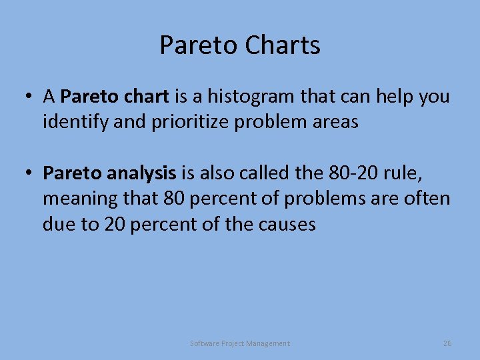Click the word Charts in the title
283,45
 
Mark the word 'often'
429,199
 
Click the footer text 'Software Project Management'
240,343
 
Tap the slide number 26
447,343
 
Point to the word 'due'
59,224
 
